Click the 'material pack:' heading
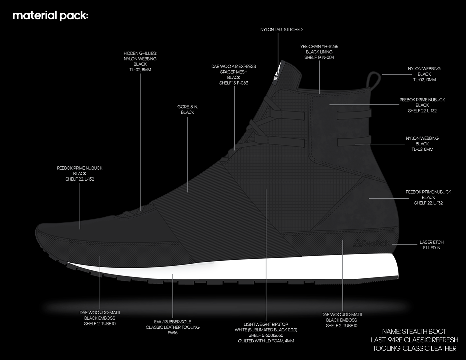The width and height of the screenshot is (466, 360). coord(50,16)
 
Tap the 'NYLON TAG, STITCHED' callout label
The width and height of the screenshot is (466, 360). coord(281,30)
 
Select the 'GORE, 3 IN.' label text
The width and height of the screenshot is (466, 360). coord(187,107)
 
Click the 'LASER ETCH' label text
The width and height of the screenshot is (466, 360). coord(431,242)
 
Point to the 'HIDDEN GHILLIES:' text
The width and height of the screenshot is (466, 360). coord(140,53)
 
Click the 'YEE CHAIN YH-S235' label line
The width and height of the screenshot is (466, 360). coord(319,47)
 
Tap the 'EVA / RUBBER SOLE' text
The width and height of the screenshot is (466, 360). coord(173,322)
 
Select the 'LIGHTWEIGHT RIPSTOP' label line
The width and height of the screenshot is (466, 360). coord(266,324)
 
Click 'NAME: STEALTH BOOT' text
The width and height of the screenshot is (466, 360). coord(414,331)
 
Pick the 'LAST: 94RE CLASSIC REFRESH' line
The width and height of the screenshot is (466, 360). coord(414,340)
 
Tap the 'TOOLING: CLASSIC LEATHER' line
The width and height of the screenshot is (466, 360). coord(414,348)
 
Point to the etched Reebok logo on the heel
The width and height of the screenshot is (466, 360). coord(371,243)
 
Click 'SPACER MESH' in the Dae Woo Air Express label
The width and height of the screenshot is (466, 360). coord(234,72)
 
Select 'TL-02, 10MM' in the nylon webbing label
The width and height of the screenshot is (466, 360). coord(424,80)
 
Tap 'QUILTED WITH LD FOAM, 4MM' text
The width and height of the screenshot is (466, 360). coord(266,341)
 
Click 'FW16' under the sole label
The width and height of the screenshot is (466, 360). coord(173,333)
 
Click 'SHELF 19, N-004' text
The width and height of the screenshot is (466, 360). coord(319,58)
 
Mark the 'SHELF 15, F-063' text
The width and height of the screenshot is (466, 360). coord(234,83)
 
